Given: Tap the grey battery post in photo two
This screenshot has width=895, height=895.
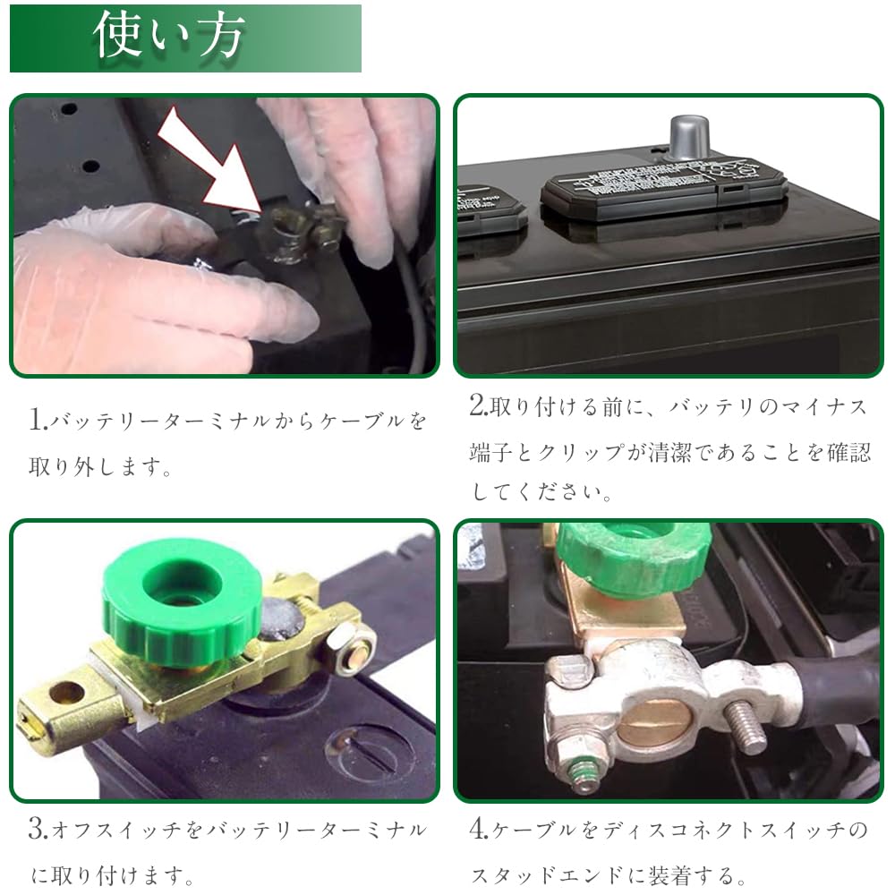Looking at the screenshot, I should tap(687, 136).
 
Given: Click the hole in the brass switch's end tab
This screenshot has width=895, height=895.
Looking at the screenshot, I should tap(65, 692).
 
